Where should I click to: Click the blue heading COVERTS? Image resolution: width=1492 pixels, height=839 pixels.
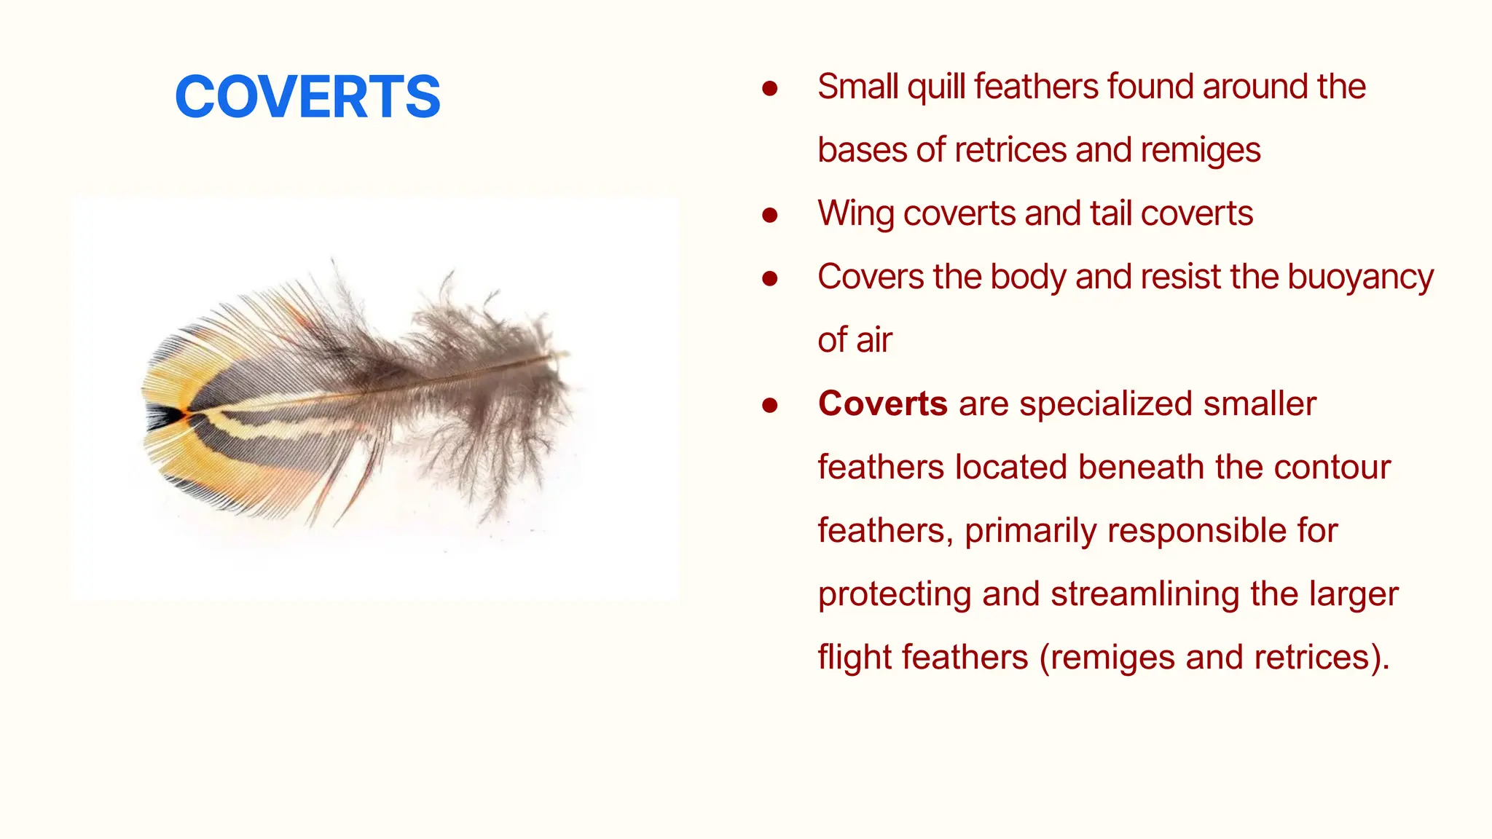coord(307,97)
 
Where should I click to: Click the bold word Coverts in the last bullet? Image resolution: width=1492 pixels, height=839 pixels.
coord(882,403)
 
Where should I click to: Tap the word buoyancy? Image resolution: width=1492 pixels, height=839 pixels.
coord(1360,277)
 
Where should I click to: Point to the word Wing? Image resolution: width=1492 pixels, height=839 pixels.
coord(856,214)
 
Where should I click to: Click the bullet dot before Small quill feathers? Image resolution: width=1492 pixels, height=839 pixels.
coord(769,88)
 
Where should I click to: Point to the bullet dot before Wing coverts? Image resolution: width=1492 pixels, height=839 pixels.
coord(769,215)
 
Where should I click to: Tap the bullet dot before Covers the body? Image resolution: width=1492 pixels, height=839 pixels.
coord(769,278)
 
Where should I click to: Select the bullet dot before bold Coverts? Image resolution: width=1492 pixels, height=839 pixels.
coord(769,405)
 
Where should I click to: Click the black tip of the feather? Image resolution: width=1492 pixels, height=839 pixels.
coord(164,417)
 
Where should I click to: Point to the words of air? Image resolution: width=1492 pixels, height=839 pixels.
coord(855,341)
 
